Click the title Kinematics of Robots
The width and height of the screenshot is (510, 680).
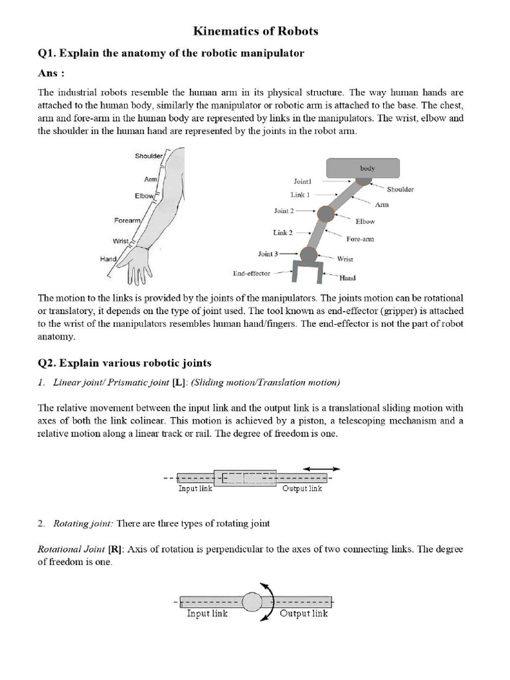pos(255,31)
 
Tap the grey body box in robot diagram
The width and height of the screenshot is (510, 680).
pos(363,168)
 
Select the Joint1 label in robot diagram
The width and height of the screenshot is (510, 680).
pos(307,181)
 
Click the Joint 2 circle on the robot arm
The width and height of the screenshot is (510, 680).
pos(325,213)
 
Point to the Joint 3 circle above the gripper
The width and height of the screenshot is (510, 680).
pos(308,254)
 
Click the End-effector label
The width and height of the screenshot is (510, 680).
pos(252,272)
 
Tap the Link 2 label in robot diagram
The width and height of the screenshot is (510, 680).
pos(281,232)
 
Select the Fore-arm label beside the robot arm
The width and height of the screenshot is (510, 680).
pos(359,239)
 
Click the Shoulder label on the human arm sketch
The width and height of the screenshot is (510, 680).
pos(148,156)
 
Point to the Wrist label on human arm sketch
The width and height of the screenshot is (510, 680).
pos(120,242)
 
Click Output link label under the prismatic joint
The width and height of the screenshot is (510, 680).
pos(302,489)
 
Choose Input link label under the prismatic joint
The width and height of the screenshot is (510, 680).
pos(196,489)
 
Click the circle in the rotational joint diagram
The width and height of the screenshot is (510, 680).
pos(252,602)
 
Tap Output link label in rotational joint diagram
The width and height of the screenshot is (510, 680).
pos(303,614)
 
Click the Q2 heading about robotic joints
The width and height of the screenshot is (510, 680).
pos(125,363)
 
